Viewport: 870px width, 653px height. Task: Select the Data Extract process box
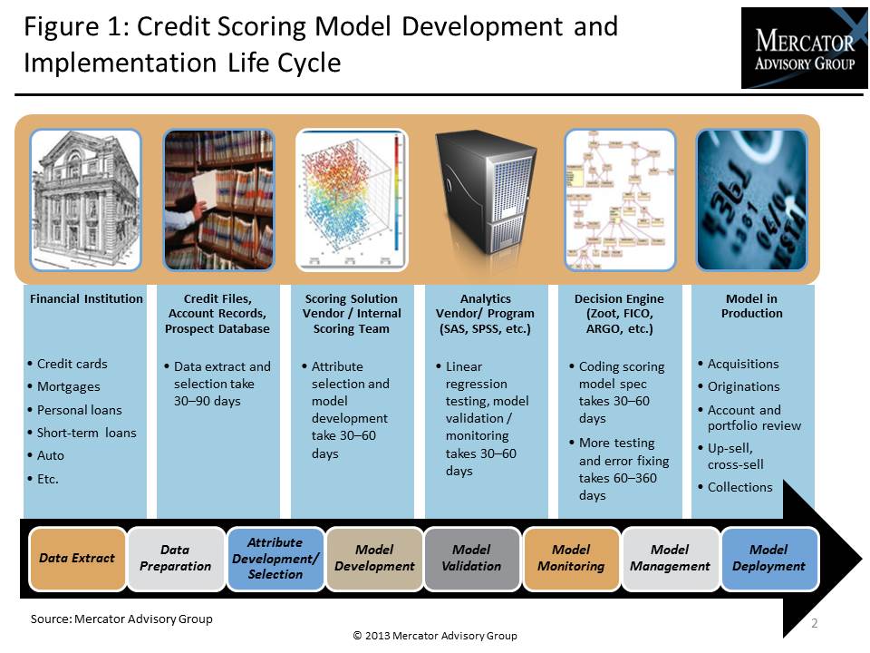[x=77, y=558]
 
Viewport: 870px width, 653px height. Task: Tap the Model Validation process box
[x=471, y=558]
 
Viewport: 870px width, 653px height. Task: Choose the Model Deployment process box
[x=768, y=558]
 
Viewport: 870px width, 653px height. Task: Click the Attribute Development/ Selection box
[x=275, y=558]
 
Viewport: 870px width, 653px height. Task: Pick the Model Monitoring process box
[x=571, y=558]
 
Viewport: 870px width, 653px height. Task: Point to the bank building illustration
[x=85, y=200]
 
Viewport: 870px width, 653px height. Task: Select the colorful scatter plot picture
[x=352, y=200]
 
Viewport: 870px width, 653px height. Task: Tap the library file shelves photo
[x=218, y=200]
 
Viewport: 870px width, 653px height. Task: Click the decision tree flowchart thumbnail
[x=620, y=200]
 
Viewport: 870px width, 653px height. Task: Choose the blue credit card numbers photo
[x=751, y=200]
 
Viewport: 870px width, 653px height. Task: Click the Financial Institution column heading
[x=86, y=298]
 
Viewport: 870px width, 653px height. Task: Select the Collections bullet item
[x=739, y=487]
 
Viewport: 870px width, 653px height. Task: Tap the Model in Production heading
[x=751, y=306]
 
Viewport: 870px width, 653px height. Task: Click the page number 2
[x=813, y=623]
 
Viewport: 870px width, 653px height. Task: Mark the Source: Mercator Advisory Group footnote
[x=121, y=619]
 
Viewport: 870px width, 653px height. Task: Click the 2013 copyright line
[x=435, y=636]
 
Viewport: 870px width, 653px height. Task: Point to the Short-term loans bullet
[x=86, y=433]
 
